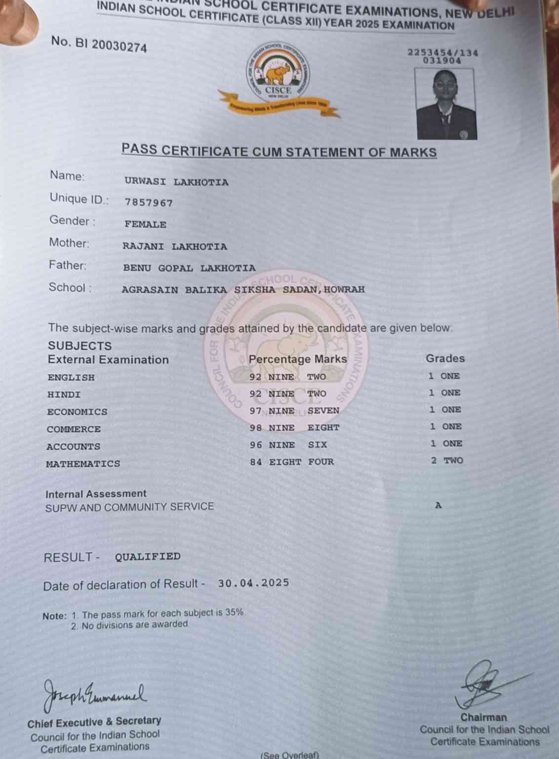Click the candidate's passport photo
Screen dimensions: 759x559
click(446, 104)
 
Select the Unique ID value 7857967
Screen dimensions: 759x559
click(149, 203)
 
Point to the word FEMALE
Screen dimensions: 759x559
click(145, 224)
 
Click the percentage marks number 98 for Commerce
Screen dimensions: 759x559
click(255, 428)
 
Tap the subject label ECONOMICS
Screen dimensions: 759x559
click(77, 412)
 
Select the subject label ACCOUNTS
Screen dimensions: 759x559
click(73, 447)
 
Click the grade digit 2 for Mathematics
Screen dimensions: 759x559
click(434, 461)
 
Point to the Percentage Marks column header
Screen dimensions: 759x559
click(298, 359)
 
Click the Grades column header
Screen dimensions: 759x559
click(445, 359)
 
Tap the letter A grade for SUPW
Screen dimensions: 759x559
click(438, 506)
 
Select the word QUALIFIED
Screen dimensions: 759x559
click(148, 557)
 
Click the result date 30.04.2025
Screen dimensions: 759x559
click(253, 583)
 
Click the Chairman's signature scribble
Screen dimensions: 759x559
click(481, 684)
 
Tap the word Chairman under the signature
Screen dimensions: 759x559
click(483, 717)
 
